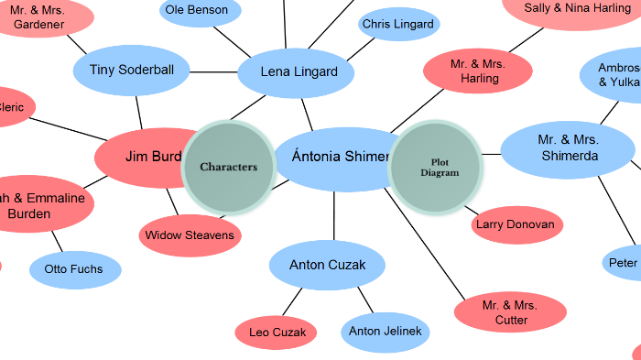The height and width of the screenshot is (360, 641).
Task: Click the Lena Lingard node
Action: click(299, 72)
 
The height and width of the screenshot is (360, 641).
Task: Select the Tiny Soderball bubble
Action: click(132, 70)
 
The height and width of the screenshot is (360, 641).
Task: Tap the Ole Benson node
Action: click(200, 11)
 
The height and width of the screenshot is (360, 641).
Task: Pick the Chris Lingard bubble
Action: click(397, 25)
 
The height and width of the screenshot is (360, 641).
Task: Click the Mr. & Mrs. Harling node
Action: click(478, 71)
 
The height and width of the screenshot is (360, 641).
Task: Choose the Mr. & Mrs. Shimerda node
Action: click(568, 148)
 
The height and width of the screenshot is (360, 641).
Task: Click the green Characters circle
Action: click(229, 167)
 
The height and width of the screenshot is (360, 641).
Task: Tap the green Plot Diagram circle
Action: click(436, 167)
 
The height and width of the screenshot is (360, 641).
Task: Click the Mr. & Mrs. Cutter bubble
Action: click(510, 312)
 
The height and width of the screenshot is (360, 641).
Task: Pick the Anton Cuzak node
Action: click(327, 266)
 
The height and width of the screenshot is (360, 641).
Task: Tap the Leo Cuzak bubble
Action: click(277, 332)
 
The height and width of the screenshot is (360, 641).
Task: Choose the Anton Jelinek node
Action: click(386, 332)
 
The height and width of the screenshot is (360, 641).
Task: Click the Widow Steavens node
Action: click(190, 235)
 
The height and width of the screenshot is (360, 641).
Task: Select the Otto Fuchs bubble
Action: click(74, 269)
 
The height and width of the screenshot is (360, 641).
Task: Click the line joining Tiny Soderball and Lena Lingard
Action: click(214, 71)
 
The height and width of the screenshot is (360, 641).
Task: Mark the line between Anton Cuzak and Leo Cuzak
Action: click(293, 301)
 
